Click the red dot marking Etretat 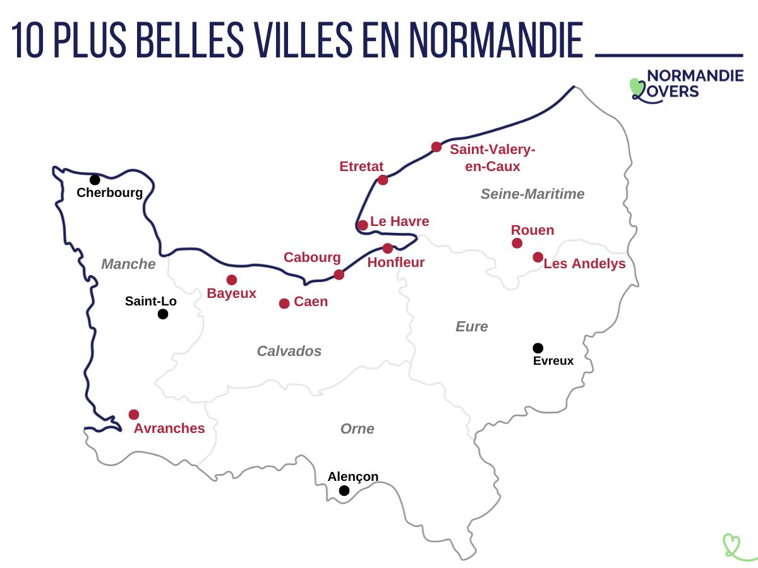click(383, 180)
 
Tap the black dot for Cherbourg click(95, 180)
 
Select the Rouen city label click(532, 230)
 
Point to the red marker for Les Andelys click(538, 257)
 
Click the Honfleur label click(396, 263)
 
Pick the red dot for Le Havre click(363, 225)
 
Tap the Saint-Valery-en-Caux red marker click(436, 147)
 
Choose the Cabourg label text click(312, 257)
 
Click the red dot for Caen click(284, 304)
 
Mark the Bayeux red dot click(232, 280)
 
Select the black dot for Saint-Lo click(163, 314)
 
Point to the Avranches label click(169, 429)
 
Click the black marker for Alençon click(344, 490)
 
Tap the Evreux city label click(553, 361)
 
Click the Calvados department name click(289, 352)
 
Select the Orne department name click(358, 429)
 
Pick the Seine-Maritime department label click(532, 194)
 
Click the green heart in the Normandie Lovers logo click(637, 86)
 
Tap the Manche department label click(128, 264)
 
